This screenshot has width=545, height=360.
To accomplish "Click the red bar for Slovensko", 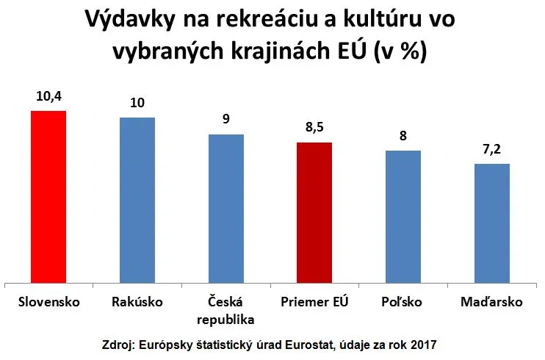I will click(48, 196).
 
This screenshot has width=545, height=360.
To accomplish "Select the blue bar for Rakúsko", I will click(137, 199).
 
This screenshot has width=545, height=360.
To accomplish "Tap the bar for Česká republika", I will click(226, 208).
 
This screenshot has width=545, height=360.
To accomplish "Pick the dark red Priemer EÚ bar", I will click(314, 212).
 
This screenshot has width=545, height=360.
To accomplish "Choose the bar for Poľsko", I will click(403, 216).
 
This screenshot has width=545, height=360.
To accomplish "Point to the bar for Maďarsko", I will click(492, 223).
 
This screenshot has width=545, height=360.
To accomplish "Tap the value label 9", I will click(226, 119).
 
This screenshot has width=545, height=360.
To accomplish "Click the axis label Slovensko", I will click(48, 302).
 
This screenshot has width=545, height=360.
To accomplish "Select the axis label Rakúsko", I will click(137, 302).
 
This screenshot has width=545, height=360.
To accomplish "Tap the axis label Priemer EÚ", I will click(314, 302).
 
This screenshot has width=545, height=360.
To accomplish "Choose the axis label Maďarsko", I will click(492, 302).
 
